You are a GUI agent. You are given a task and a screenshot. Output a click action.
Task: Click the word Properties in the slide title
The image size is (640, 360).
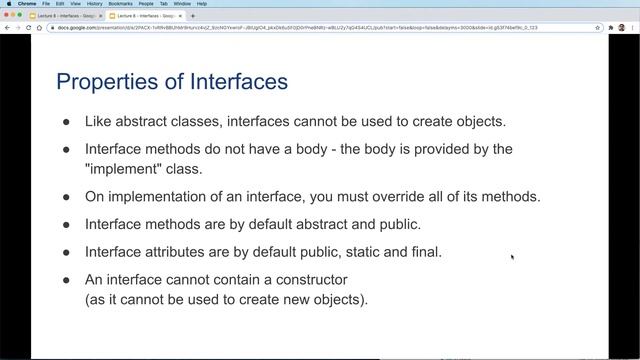[x=102, y=81]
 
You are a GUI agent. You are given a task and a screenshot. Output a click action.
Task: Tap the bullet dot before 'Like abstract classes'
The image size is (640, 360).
[x=67, y=122]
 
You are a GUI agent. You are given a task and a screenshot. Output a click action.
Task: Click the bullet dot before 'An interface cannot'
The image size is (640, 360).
[x=67, y=280]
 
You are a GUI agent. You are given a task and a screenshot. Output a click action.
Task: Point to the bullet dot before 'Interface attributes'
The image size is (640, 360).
[x=67, y=252]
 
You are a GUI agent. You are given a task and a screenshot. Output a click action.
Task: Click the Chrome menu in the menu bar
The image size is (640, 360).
[x=28, y=4]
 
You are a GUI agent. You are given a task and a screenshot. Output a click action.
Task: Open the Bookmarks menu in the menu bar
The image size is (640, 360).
[x=120, y=4]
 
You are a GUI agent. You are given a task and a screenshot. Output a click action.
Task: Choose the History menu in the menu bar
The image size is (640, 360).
[x=94, y=4]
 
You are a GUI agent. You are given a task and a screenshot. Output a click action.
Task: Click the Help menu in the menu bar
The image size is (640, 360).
[x=202, y=4]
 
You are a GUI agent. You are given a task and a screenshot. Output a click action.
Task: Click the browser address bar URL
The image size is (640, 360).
[x=300, y=27]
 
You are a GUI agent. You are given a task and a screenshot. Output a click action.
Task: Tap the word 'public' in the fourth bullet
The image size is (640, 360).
[x=399, y=224]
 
